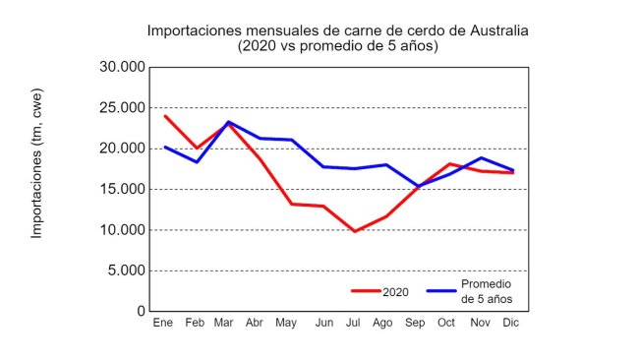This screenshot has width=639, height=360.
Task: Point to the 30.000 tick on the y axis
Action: pos(122,67)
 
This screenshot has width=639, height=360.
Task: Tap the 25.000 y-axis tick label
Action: pos(122,107)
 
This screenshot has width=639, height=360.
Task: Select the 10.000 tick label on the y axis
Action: pos(122,230)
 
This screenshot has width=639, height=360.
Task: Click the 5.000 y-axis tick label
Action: pos(126,270)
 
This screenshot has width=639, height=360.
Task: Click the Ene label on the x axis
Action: pos(163,324)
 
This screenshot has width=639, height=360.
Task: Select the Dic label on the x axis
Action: pos(511,324)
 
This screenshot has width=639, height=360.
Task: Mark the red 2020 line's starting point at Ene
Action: pos(164,116)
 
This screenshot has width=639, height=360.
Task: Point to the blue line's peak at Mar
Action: pos(228,122)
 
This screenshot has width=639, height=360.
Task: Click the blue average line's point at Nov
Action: pos(481,157)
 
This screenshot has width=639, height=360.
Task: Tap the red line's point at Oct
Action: pos(448,163)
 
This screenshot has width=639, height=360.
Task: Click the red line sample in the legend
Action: pos(366,291)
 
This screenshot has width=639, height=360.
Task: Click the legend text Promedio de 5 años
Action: pos(488,292)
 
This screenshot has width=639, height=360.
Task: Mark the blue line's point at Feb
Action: pos(197,161)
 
